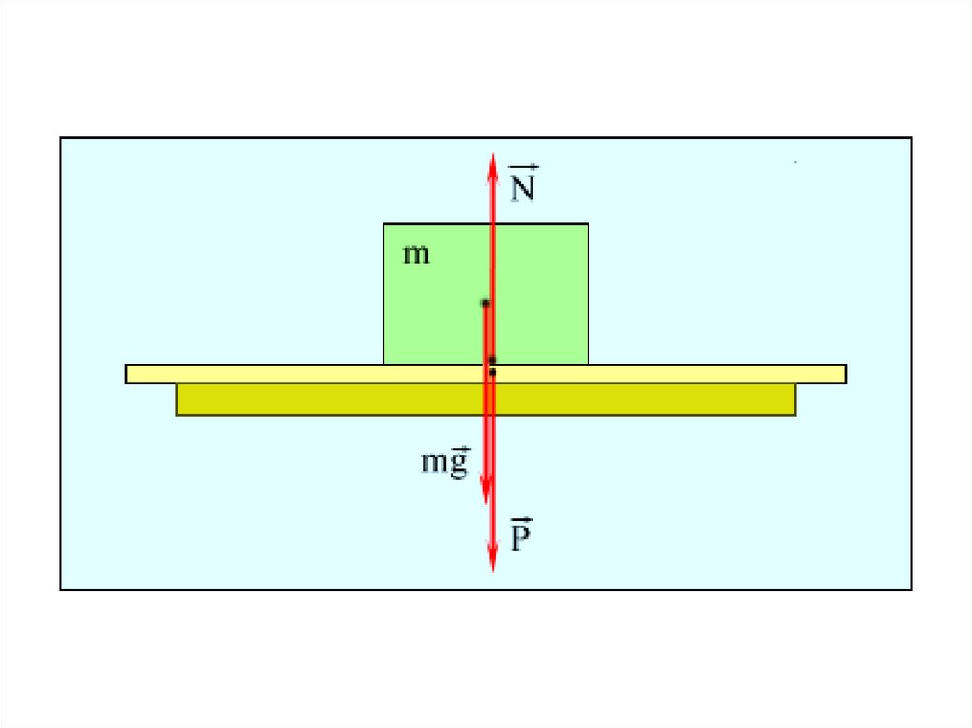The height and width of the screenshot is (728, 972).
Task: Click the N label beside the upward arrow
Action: (523, 186)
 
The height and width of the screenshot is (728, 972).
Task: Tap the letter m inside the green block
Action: (416, 254)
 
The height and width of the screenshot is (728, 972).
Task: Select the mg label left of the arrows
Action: (445, 462)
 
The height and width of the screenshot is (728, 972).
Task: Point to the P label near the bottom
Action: (521, 537)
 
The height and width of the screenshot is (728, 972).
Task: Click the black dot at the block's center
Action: (485, 303)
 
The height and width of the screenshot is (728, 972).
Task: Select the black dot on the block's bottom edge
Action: (492, 360)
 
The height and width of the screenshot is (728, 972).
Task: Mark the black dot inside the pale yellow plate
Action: (493, 372)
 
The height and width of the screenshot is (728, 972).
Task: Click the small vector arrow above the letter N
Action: (524, 168)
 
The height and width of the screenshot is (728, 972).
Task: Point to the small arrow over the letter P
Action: (521, 521)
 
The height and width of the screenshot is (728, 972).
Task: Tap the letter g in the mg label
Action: (459, 464)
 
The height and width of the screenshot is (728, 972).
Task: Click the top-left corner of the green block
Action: (384, 225)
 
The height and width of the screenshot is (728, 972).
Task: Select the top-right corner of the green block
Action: (588, 225)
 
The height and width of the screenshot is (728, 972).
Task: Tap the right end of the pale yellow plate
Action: (844, 374)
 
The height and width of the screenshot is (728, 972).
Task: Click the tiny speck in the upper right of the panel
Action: (795, 163)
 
